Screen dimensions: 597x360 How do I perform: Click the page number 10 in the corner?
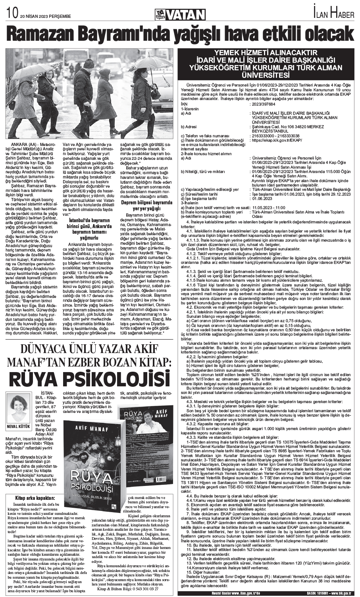coord(11,15)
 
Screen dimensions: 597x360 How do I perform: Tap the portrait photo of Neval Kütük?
coord(19,409)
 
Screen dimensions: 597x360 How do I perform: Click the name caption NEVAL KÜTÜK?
coord(19,426)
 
